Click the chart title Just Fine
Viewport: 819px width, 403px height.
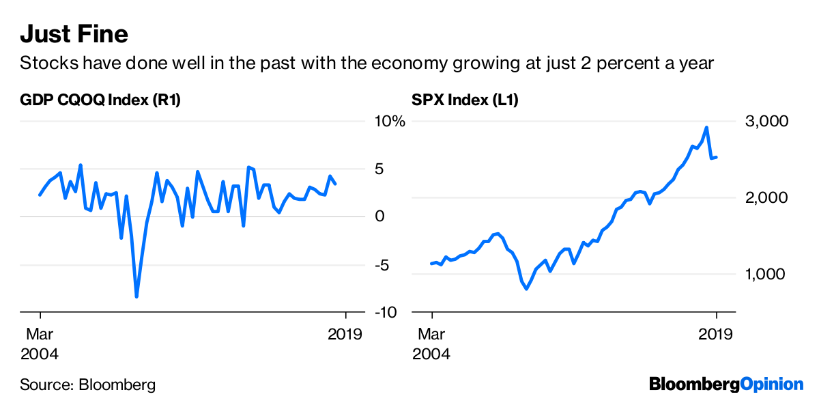(x=74, y=33)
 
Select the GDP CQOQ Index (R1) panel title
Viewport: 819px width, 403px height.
(x=100, y=100)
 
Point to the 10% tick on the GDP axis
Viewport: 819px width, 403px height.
(x=389, y=122)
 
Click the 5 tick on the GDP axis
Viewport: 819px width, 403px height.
(x=380, y=169)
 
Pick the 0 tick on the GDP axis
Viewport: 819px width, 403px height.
(x=380, y=217)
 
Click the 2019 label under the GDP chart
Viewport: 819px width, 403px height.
(x=346, y=335)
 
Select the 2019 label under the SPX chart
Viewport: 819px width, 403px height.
(x=716, y=335)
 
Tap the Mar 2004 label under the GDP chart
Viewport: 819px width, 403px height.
(x=40, y=344)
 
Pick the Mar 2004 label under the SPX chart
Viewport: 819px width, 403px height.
(x=431, y=344)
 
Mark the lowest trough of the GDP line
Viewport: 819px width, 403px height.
(x=136, y=296)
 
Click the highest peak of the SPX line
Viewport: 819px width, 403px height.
(x=706, y=127)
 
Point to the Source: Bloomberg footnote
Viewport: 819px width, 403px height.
(x=87, y=385)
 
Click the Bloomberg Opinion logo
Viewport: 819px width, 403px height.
(x=725, y=384)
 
